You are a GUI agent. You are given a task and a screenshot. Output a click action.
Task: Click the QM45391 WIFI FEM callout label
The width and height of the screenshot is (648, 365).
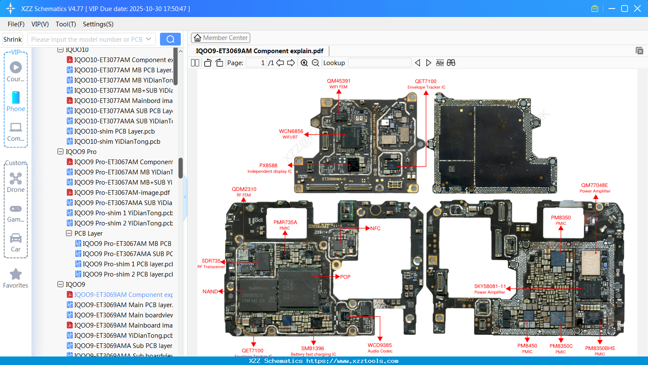click(x=338, y=83)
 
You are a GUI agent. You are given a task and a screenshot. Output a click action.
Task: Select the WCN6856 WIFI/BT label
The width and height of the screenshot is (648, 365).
click(x=291, y=134)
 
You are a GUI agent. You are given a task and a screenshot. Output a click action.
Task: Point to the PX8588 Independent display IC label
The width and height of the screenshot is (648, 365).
click(x=269, y=168)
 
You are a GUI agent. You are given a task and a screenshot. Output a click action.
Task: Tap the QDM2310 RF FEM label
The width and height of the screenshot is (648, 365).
click(x=244, y=191)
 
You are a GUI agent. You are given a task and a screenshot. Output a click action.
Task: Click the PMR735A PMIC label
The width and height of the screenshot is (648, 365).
click(x=285, y=225)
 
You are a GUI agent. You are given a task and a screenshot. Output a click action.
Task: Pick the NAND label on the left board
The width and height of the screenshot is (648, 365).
click(x=210, y=291)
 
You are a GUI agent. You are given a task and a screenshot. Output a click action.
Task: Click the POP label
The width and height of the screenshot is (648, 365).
click(x=345, y=277)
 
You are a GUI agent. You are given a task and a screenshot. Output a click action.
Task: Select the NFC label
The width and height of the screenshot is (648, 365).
click(x=375, y=228)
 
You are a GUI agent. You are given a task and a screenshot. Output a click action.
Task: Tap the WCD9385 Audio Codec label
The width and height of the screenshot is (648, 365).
click(x=380, y=348)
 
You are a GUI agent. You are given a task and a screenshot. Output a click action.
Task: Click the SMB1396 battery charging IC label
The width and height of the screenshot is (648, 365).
click(x=313, y=351)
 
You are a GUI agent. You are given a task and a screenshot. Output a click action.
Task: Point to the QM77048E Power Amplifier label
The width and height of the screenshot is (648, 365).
click(x=594, y=188)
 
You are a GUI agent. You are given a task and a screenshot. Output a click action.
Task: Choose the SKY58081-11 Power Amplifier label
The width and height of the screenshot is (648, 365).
click(x=490, y=289)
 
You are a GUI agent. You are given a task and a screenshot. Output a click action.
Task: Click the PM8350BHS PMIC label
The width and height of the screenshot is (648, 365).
click(x=599, y=351)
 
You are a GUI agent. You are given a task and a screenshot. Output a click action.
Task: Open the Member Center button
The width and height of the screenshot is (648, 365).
click(x=220, y=38)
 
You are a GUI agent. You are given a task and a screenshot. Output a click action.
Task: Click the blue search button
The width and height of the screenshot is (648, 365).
click(x=170, y=39)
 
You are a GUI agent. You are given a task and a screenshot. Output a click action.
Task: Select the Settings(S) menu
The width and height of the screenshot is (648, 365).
click(x=98, y=24)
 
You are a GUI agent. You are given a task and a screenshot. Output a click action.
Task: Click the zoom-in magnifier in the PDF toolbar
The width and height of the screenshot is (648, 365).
click(x=304, y=63)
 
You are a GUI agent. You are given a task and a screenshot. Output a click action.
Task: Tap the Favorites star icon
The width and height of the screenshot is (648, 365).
click(x=16, y=274)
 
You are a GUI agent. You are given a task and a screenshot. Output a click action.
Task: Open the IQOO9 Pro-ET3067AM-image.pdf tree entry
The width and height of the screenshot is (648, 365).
click(x=122, y=193)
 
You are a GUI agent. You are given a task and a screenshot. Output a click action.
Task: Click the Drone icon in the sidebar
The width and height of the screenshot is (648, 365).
click(x=16, y=179)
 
